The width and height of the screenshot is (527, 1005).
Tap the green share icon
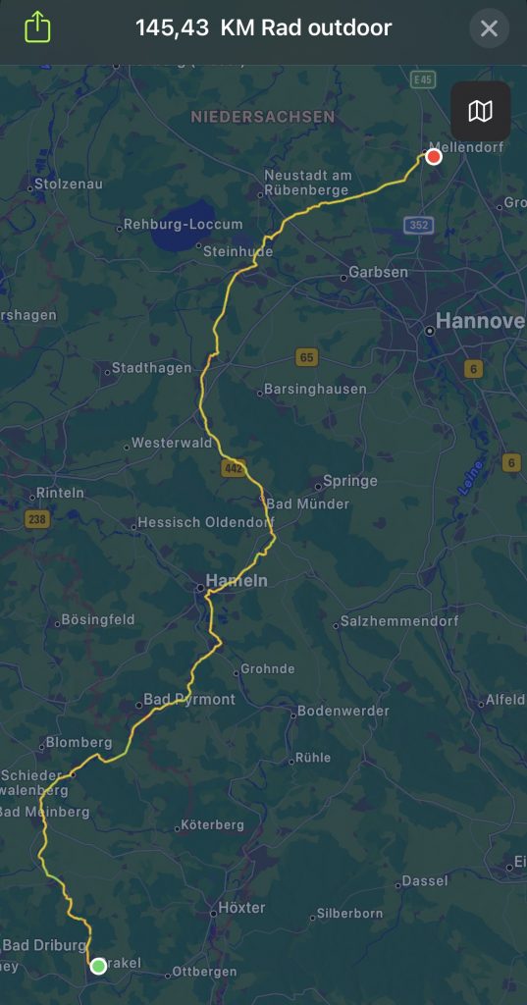point(36,26)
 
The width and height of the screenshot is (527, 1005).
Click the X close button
point(489,28)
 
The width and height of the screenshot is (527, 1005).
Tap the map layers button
point(480,111)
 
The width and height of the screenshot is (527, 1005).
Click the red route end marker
point(434,157)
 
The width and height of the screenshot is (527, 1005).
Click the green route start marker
point(98,966)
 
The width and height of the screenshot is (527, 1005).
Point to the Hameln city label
point(237,580)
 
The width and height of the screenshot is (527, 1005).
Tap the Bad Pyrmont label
point(189,700)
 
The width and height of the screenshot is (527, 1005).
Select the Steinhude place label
point(237,251)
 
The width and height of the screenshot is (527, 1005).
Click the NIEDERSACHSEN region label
point(263,117)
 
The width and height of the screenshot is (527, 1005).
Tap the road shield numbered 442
point(232,469)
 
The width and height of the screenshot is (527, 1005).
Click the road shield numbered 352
point(419,225)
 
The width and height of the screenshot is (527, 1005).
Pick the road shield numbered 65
point(307,357)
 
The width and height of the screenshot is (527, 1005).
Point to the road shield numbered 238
point(37,518)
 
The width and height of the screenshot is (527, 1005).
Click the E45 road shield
point(424,79)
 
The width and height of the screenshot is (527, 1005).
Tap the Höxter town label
point(241,908)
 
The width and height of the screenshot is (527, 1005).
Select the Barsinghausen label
point(315,389)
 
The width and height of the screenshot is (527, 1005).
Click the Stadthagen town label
point(151,369)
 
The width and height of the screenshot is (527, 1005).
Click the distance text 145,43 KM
point(173,27)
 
